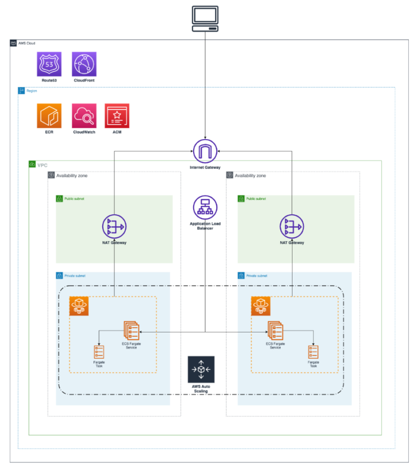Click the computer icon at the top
(205, 19)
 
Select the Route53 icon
(49, 64)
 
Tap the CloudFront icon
(84, 64)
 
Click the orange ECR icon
(49, 115)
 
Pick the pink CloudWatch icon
(84, 115)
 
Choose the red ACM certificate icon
(117, 115)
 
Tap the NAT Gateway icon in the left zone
(114, 226)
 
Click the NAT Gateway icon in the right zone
(291, 226)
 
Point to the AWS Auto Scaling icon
(201, 369)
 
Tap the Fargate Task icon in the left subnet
(98, 352)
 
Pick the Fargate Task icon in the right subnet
(313, 352)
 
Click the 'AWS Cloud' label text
(27, 43)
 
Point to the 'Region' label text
(32, 91)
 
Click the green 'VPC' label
(42, 164)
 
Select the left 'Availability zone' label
(72, 176)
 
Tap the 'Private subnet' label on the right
(257, 276)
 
